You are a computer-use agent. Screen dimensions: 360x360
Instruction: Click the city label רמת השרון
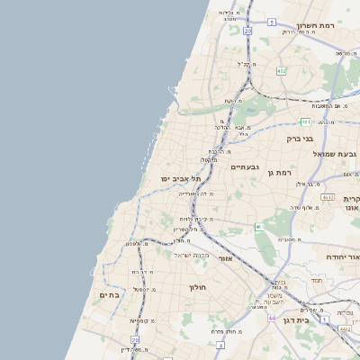pos(318,25)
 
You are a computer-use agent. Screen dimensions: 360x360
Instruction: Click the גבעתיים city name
pos(245,167)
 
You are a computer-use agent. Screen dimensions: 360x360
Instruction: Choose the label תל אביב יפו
pos(180,179)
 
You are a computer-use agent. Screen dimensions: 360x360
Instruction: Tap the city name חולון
pos(198,287)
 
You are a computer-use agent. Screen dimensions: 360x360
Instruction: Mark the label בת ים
pos(108,294)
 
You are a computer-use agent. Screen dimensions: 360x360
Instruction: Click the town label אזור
pos(225,258)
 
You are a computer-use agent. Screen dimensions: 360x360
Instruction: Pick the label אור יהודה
pos(340,257)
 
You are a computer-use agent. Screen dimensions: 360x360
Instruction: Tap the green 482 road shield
pos(282,70)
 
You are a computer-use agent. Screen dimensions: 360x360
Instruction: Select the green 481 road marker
pos(305,121)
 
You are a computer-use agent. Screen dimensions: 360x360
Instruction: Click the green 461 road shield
pos(260,227)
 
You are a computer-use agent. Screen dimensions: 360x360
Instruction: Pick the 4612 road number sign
pos(327,197)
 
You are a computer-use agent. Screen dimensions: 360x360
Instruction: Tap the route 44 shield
pos(271,318)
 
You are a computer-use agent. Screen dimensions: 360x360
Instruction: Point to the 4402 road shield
pos(346,329)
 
